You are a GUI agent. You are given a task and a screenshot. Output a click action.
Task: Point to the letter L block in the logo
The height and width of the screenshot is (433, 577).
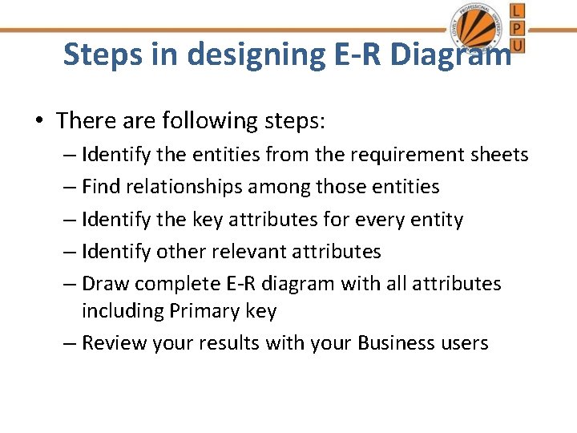pyautogui.click(x=517, y=10)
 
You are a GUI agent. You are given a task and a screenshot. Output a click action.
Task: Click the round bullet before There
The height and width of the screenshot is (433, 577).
pyautogui.click(x=40, y=121)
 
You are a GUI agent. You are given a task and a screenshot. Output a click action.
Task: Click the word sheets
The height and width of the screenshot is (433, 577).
pyautogui.click(x=496, y=154)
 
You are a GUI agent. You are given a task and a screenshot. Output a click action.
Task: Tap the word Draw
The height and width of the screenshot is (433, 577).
pyautogui.click(x=106, y=283)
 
